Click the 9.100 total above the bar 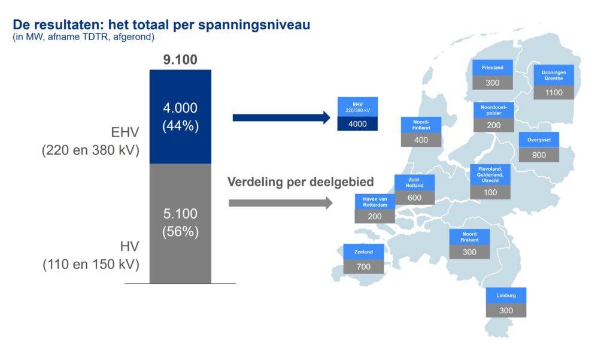(180, 60)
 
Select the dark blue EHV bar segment (180, 116)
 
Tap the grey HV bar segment (180, 223)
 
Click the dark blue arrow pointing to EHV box (281, 117)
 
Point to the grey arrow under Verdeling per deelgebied (280, 203)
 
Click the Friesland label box (493, 68)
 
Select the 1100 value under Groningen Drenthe (554, 92)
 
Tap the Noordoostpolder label (494, 110)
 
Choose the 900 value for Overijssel (539, 155)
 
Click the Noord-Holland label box (421, 124)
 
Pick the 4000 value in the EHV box (357, 123)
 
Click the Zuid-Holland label (414, 182)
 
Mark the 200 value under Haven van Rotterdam (375, 216)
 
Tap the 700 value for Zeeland (363, 267)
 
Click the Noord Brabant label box (469, 237)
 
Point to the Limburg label (506, 295)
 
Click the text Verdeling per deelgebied (301, 182)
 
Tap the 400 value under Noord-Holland (421, 140)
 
